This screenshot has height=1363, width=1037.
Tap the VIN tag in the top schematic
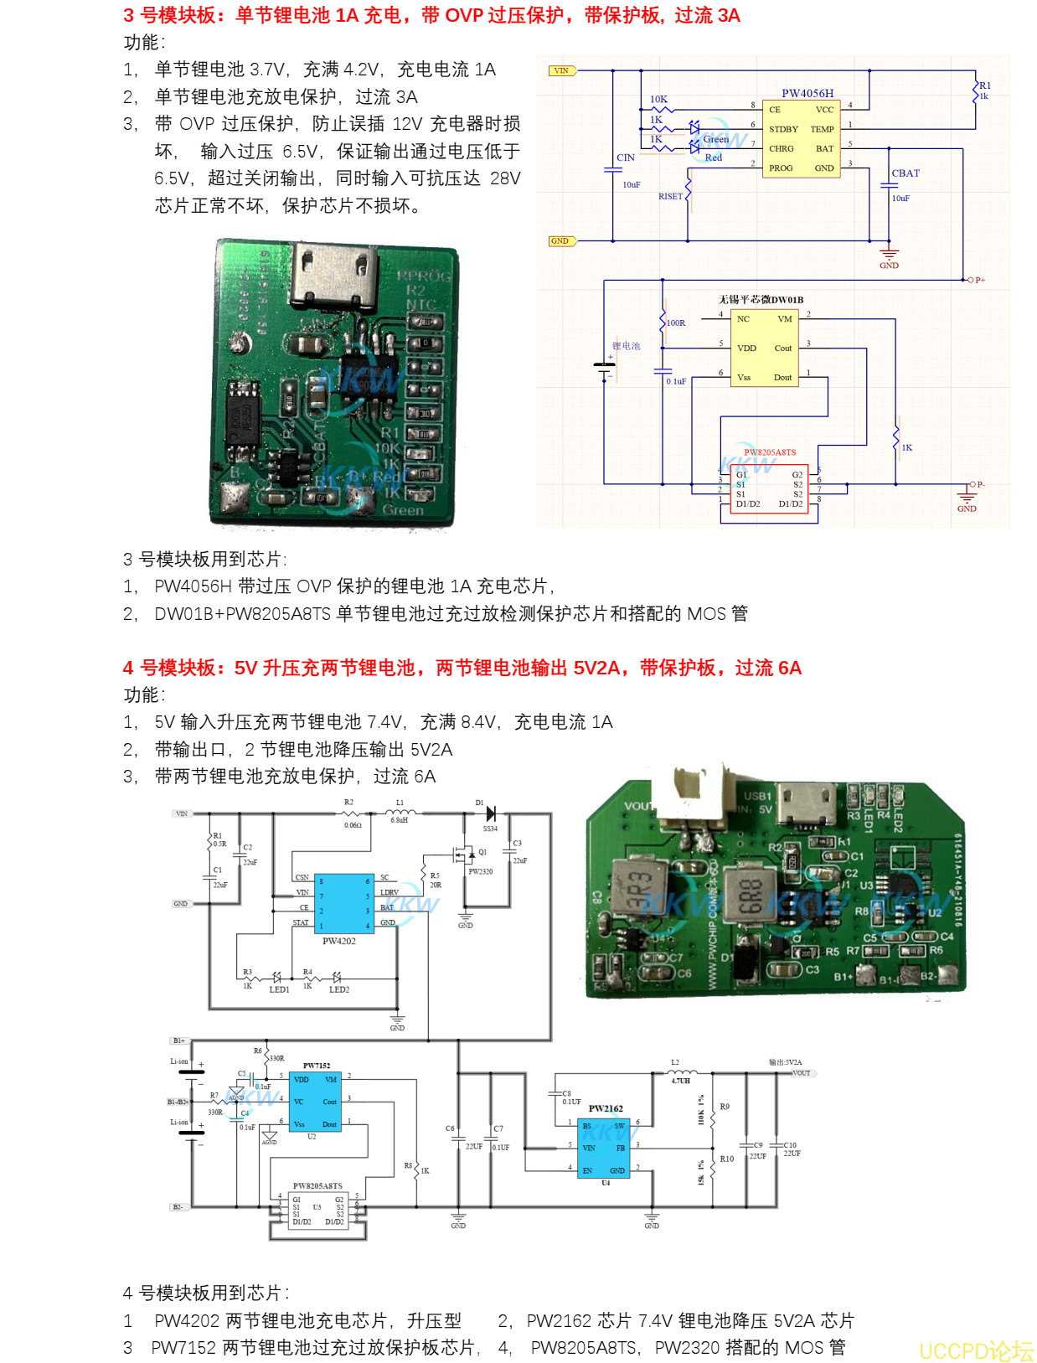point(561,70)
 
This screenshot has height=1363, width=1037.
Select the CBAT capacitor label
point(905,173)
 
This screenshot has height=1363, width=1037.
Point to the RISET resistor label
point(670,196)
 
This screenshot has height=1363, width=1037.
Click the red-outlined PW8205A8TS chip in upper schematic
point(769,488)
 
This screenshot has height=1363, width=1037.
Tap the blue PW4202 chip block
point(343,903)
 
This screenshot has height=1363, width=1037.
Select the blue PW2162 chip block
point(605,1148)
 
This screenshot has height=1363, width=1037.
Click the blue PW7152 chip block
point(314,1102)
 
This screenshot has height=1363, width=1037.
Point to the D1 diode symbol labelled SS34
point(490,813)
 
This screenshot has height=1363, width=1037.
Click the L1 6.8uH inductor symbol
point(400,811)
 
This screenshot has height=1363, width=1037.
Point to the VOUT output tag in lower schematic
point(802,1073)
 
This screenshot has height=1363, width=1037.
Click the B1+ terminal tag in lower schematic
point(178,1040)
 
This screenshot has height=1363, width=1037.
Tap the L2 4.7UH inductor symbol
point(681,1071)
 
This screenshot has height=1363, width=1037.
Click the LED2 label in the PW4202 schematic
point(339,989)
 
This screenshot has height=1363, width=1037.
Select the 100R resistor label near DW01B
point(676,323)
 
